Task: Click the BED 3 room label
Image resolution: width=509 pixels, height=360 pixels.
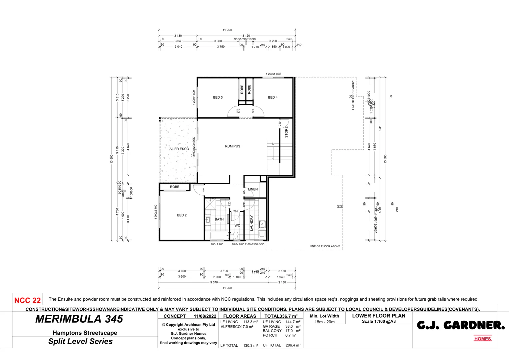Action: click(x=218, y=97)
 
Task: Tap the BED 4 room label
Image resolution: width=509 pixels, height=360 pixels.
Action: click(x=272, y=97)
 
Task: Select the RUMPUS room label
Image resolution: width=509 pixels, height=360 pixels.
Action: click(x=233, y=146)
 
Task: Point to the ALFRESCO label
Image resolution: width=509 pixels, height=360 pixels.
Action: click(x=179, y=149)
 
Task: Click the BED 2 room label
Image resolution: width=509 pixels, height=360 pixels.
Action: click(x=182, y=215)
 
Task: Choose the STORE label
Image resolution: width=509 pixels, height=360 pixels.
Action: click(x=286, y=132)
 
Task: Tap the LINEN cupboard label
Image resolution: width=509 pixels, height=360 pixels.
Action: click(x=253, y=189)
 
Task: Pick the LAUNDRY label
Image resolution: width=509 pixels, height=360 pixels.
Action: click(x=252, y=223)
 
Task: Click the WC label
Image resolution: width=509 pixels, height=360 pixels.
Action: click(x=237, y=226)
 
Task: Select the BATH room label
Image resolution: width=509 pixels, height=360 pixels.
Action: click(x=219, y=219)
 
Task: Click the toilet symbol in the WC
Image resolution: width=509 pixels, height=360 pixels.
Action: click(x=236, y=236)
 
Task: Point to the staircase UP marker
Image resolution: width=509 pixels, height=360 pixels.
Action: click(x=273, y=144)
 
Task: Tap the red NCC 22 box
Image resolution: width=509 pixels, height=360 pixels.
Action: click(x=27, y=300)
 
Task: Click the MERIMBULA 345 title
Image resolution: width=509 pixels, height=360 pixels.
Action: click(x=79, y=319)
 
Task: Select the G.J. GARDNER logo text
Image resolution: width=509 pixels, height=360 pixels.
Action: click(x=461, y=325)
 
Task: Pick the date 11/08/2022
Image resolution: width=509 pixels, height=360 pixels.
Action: click(x=205, y=316)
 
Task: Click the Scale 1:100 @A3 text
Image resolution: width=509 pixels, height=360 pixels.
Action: click(x=379, y=321)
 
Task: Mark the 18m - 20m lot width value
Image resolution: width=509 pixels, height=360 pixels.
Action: click(x=324, y=322)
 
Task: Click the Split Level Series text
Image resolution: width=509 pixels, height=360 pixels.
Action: click(x=80, y=341)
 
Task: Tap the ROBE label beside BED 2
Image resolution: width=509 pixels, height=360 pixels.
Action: click(x=175, y=187)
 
